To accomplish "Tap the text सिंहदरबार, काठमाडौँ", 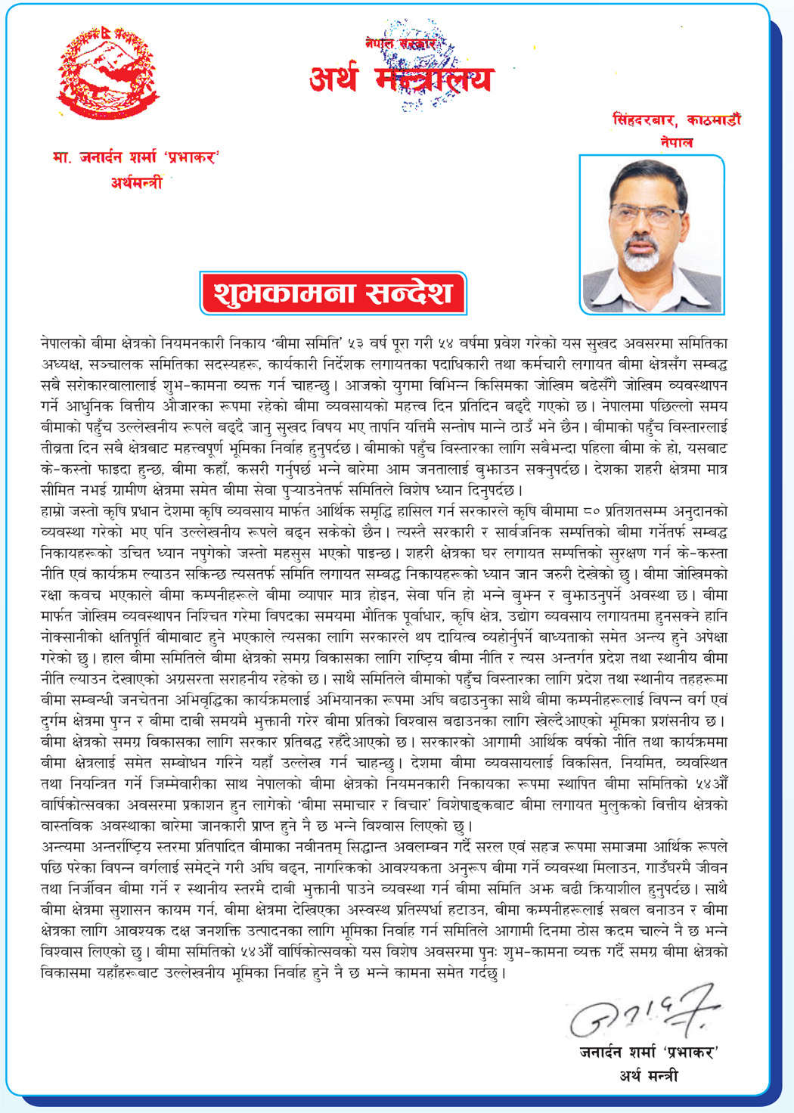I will click(676, 120).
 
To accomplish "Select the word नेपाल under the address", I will click(675, 142).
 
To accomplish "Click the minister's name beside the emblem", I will click(135, 158).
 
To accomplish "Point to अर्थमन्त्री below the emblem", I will click(136, 181).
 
